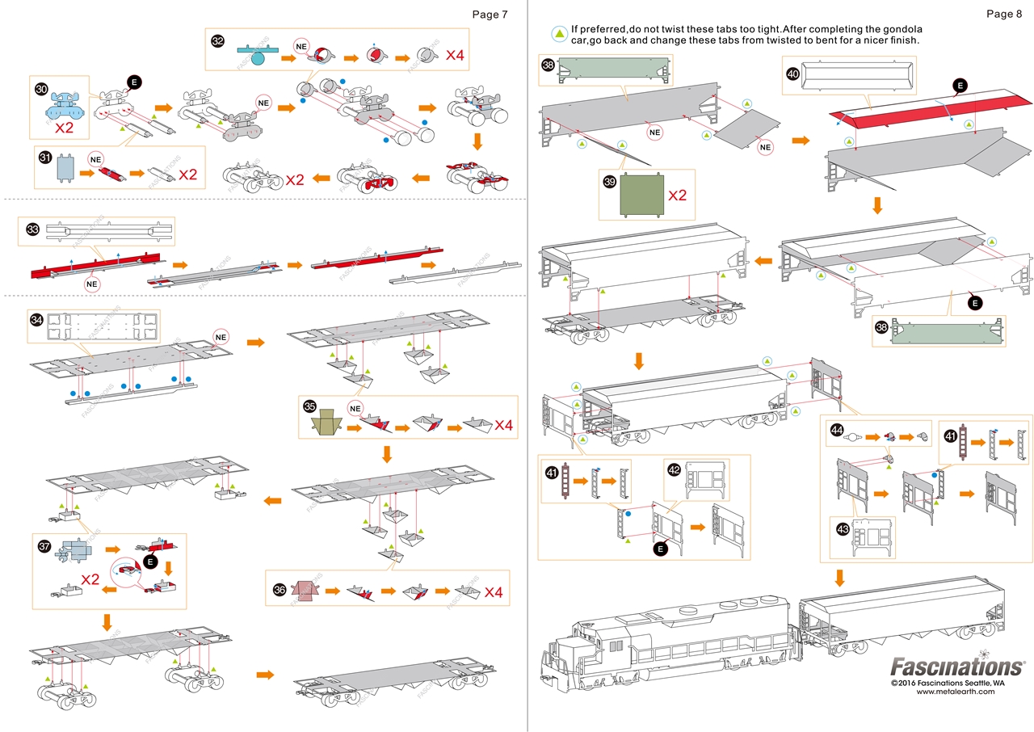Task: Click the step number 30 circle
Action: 41,90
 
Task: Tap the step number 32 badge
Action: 217,40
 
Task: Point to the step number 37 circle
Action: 44,546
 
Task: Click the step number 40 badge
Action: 792,74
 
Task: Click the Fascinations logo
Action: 956,667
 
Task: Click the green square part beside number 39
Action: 642,196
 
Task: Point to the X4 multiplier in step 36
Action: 494,593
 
